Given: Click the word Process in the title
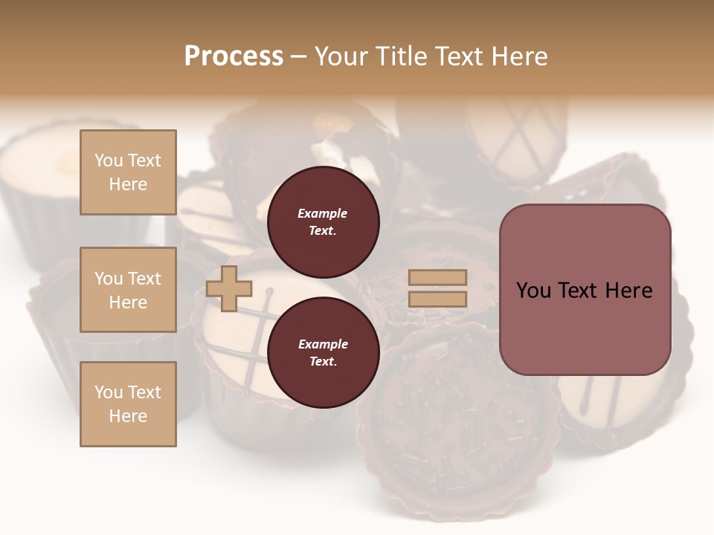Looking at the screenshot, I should (234, 56).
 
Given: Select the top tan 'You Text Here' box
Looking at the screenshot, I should (128, 172).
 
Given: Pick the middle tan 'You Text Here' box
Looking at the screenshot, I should (128, 290).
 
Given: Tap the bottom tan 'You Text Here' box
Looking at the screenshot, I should (128, 404).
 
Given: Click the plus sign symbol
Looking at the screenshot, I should (229, 288).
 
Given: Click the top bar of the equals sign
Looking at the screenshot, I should (437, 278).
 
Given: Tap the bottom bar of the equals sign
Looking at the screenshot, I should (437, 299).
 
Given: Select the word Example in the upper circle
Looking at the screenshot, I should (323, 213).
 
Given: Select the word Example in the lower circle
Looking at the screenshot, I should (323, 344).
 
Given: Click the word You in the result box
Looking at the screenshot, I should (533, 291).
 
